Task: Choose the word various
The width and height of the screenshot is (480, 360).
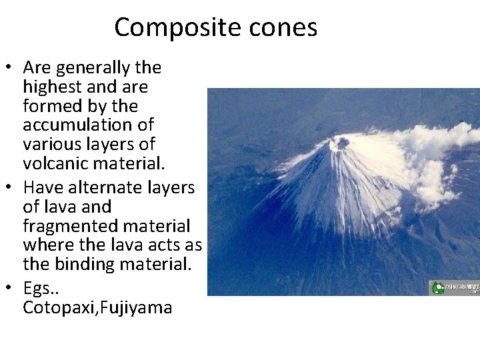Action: (x=50, y=144)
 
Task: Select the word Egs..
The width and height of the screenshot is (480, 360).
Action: (x=39, y=289)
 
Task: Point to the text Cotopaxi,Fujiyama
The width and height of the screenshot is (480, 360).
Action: (x=97, y=308)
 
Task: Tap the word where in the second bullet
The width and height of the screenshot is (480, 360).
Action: (x=45, y=245)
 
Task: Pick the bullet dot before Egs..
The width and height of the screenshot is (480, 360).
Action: (x=10, y=289)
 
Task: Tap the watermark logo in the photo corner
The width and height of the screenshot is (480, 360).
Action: (x=454, y=287)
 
